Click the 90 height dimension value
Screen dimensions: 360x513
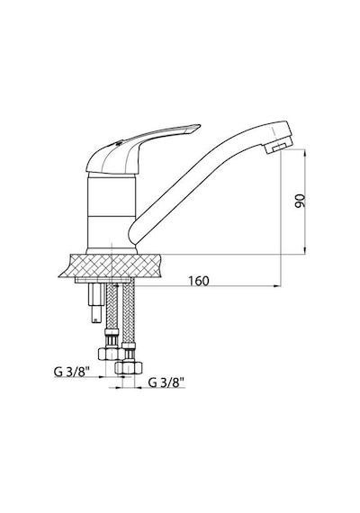click(x=300, y=201)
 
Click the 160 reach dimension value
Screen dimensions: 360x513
click(x=199, y=281)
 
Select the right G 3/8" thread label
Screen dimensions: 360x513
click(x=166, y=382)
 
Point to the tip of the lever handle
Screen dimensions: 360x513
click(x=200, y=125)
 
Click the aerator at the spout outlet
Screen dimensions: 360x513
click(x=278, y=148)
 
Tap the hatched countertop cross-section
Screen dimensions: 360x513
click(x=112, y=265)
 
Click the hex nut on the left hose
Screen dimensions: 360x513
click(x=107, y=354)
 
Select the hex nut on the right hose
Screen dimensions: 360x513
click(x=129, y=367)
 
